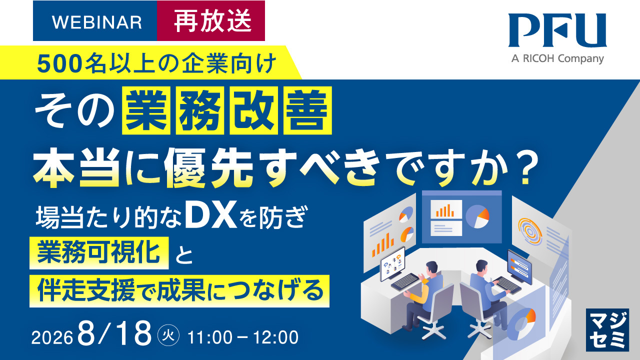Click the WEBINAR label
(97, 22)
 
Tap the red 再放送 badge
(211, 20)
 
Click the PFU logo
(557, 30)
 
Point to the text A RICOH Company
(557, 58)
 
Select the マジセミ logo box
(607, 329)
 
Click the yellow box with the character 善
(307, 110)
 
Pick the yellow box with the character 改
(253, 110)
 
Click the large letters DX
(211, 214)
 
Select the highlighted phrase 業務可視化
(99, 252)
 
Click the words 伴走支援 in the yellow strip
(86, 291)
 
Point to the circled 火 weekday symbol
(168, 335)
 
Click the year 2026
(52, 337)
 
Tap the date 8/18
(114, 333)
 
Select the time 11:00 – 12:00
(243, 337)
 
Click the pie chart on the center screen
(477, 216)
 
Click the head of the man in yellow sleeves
(431, 268)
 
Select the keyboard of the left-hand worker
(405, 281)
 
